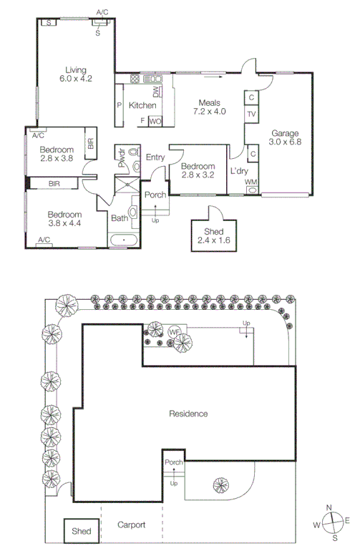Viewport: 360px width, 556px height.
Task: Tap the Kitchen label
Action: coord(142,105)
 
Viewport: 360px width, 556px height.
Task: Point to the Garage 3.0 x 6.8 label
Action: coord(284,137)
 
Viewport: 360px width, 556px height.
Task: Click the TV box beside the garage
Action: coord(251,114)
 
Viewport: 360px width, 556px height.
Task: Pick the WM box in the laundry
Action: coord(251,182)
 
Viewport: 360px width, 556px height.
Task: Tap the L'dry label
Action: coord(238,171)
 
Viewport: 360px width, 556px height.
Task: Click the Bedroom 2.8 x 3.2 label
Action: coord(196,169)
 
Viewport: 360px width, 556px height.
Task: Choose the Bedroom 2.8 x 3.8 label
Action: coord(57,154)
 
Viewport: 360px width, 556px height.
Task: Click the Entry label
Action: coord(155,157)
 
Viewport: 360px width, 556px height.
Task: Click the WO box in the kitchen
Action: coord(155,121)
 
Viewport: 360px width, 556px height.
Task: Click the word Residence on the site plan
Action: coord(188,414)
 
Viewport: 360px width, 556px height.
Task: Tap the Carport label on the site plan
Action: coord(131,525)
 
